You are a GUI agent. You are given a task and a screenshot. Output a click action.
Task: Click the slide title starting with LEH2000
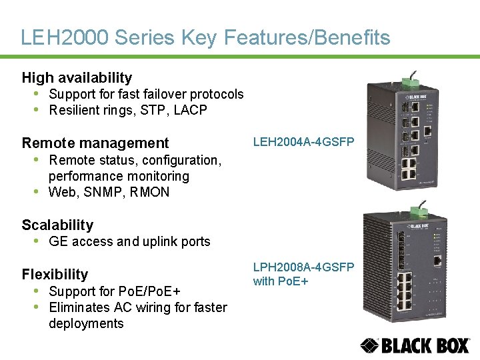205,38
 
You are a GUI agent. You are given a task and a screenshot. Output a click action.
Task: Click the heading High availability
77,78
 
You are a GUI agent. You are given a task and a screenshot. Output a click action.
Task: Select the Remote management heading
95,143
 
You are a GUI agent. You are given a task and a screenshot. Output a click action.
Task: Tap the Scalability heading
57,225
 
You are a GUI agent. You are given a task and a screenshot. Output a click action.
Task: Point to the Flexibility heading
55,274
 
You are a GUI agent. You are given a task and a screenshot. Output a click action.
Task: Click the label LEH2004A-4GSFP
303,141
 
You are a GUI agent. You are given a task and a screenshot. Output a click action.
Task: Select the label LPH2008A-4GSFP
303,267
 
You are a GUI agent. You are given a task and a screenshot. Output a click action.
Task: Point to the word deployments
86,324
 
